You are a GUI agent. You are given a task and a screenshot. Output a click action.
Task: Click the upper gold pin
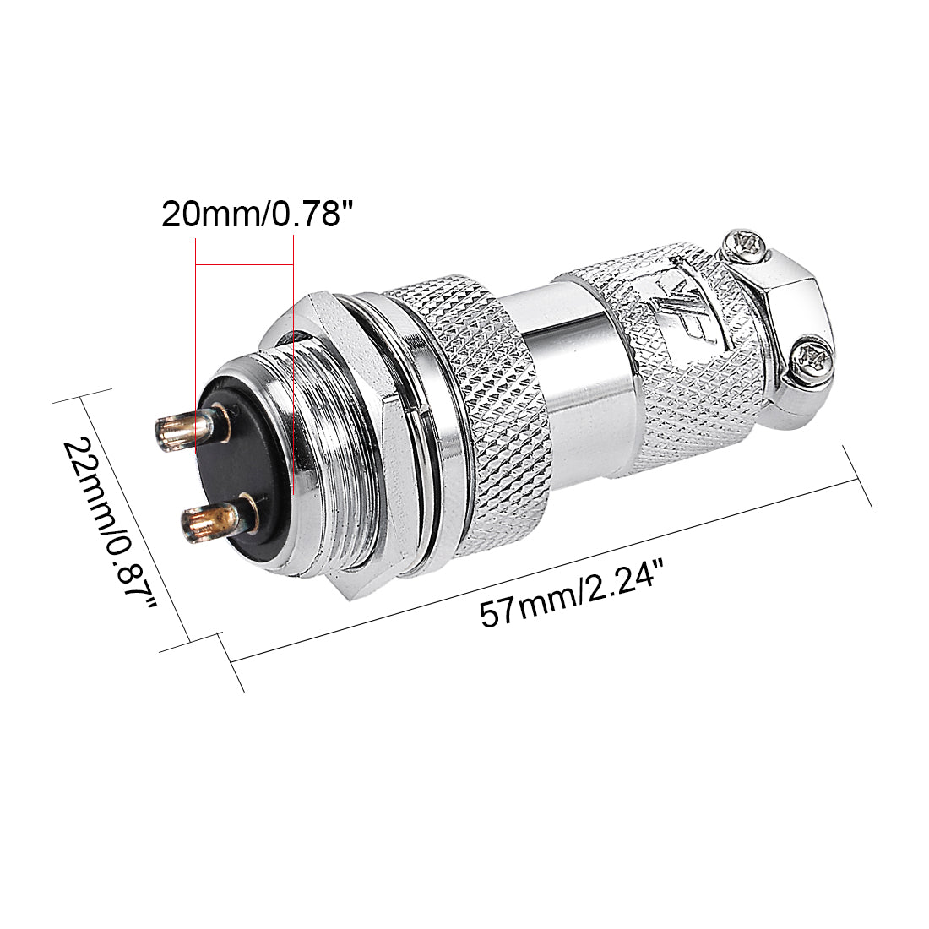click(x=181, y=428)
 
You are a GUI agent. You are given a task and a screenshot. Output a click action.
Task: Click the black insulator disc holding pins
click(x=241, y=473)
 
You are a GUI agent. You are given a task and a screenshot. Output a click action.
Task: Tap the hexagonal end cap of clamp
click(x=790, y=312)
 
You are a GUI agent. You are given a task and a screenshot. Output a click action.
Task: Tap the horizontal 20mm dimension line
click(x=245, y=264)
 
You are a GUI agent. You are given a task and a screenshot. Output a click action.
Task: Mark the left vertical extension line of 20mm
click(x=196, y=321)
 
